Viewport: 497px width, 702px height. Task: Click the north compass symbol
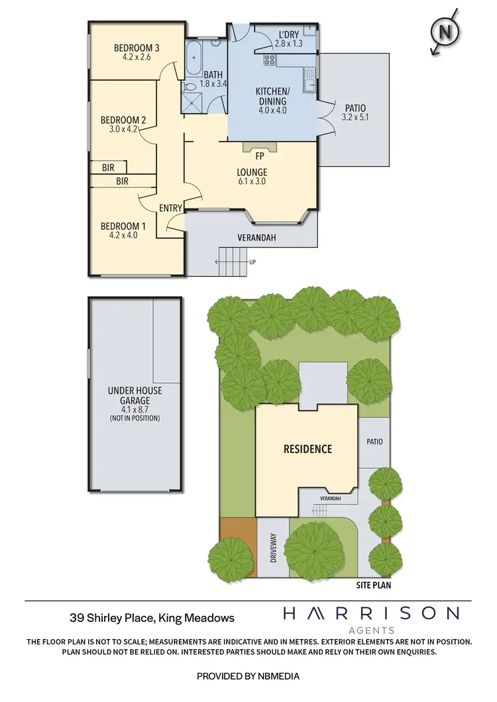click(x=445, y=30)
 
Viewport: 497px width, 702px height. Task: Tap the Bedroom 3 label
click(x=137, y=48)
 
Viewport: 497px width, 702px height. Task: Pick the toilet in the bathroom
click(x=190, y=85)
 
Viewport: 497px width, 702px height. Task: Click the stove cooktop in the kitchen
click(x=269, y=60)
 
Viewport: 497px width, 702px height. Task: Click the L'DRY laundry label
click(x=288, y=35)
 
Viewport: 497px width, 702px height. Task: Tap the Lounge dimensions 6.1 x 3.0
click(x=252, y=181)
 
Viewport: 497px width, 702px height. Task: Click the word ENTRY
click(x=171, y=208)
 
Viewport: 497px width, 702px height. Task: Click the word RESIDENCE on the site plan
click(x=307, y=449)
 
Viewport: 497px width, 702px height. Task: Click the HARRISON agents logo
click(x=370, y=619)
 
